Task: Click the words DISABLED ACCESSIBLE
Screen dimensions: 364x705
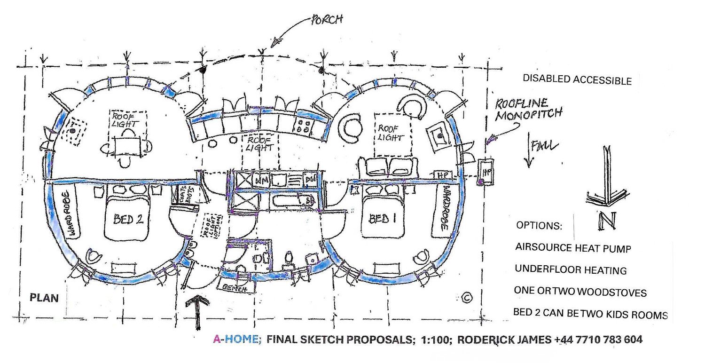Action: (577, 80)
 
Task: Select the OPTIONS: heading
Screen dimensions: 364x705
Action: (539, 225)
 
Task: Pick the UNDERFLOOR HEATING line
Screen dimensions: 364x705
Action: (571, 270)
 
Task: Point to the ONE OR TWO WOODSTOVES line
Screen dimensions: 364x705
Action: (580, 292)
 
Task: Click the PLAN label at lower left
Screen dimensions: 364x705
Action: (45, 298)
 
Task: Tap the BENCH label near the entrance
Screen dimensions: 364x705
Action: (235, 288)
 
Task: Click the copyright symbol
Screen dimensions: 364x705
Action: (467, 297)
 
